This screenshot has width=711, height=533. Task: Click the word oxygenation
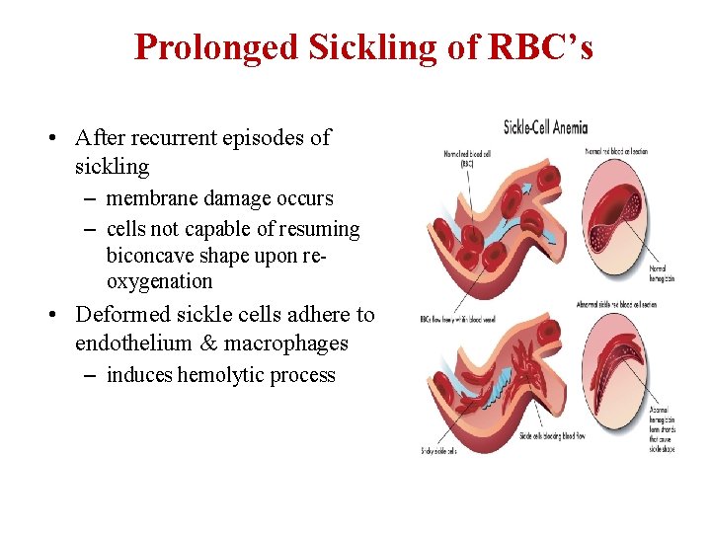coord(159,281)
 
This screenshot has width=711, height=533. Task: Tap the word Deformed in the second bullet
coord(123,315)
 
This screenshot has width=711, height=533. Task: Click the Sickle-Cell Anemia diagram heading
coord(545,126)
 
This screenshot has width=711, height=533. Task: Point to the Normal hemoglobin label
coord(659,272)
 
